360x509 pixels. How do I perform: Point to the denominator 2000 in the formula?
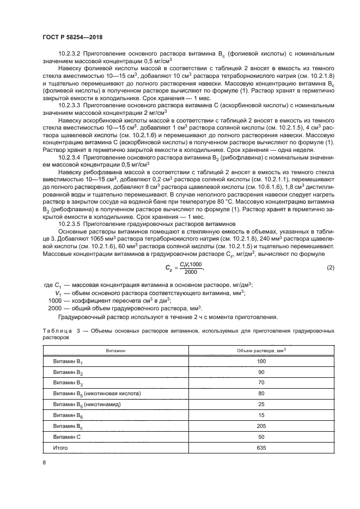[191, 272]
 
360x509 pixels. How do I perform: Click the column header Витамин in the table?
[115, 351]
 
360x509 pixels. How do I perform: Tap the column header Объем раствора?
[260, 351]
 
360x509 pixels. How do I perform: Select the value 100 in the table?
[261, 361]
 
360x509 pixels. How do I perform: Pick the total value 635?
[261, 447]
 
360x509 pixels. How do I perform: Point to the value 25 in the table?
[261, 404]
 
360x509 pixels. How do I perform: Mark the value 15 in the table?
[261, 415]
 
